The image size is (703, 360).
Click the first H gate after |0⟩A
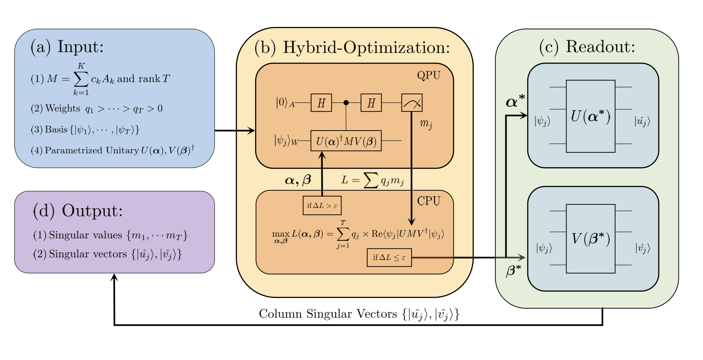[x=321, y=103]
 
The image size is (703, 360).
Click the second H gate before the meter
[x=371, y=103]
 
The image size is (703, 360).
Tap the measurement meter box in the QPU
[x=412, y=103]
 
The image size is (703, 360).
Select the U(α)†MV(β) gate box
[x=346, y=141]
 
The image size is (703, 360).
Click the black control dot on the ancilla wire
[x=346, y=103]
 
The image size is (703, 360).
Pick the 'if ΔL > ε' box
[x=322, y=206]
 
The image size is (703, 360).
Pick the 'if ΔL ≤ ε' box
[x=389, y=257]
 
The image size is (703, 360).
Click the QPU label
[x=429, y=75]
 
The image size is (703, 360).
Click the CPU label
[x=429, y=201]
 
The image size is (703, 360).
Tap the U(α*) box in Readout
[x=590, y=116]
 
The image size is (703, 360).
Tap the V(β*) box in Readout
[x=590, y=239]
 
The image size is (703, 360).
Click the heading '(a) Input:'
[x=67, y=47]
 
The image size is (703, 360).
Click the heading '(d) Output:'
[x=78, y=210]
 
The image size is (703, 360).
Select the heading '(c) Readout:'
[x=587, y=47]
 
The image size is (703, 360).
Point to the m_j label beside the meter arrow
[x=426, y=124]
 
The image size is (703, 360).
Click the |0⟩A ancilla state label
[x=285, y=103]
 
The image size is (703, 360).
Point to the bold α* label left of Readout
[x=515, y=102]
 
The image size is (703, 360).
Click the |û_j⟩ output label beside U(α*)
[x=642, y=121]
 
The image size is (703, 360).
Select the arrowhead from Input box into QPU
[x=252, y=131]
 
